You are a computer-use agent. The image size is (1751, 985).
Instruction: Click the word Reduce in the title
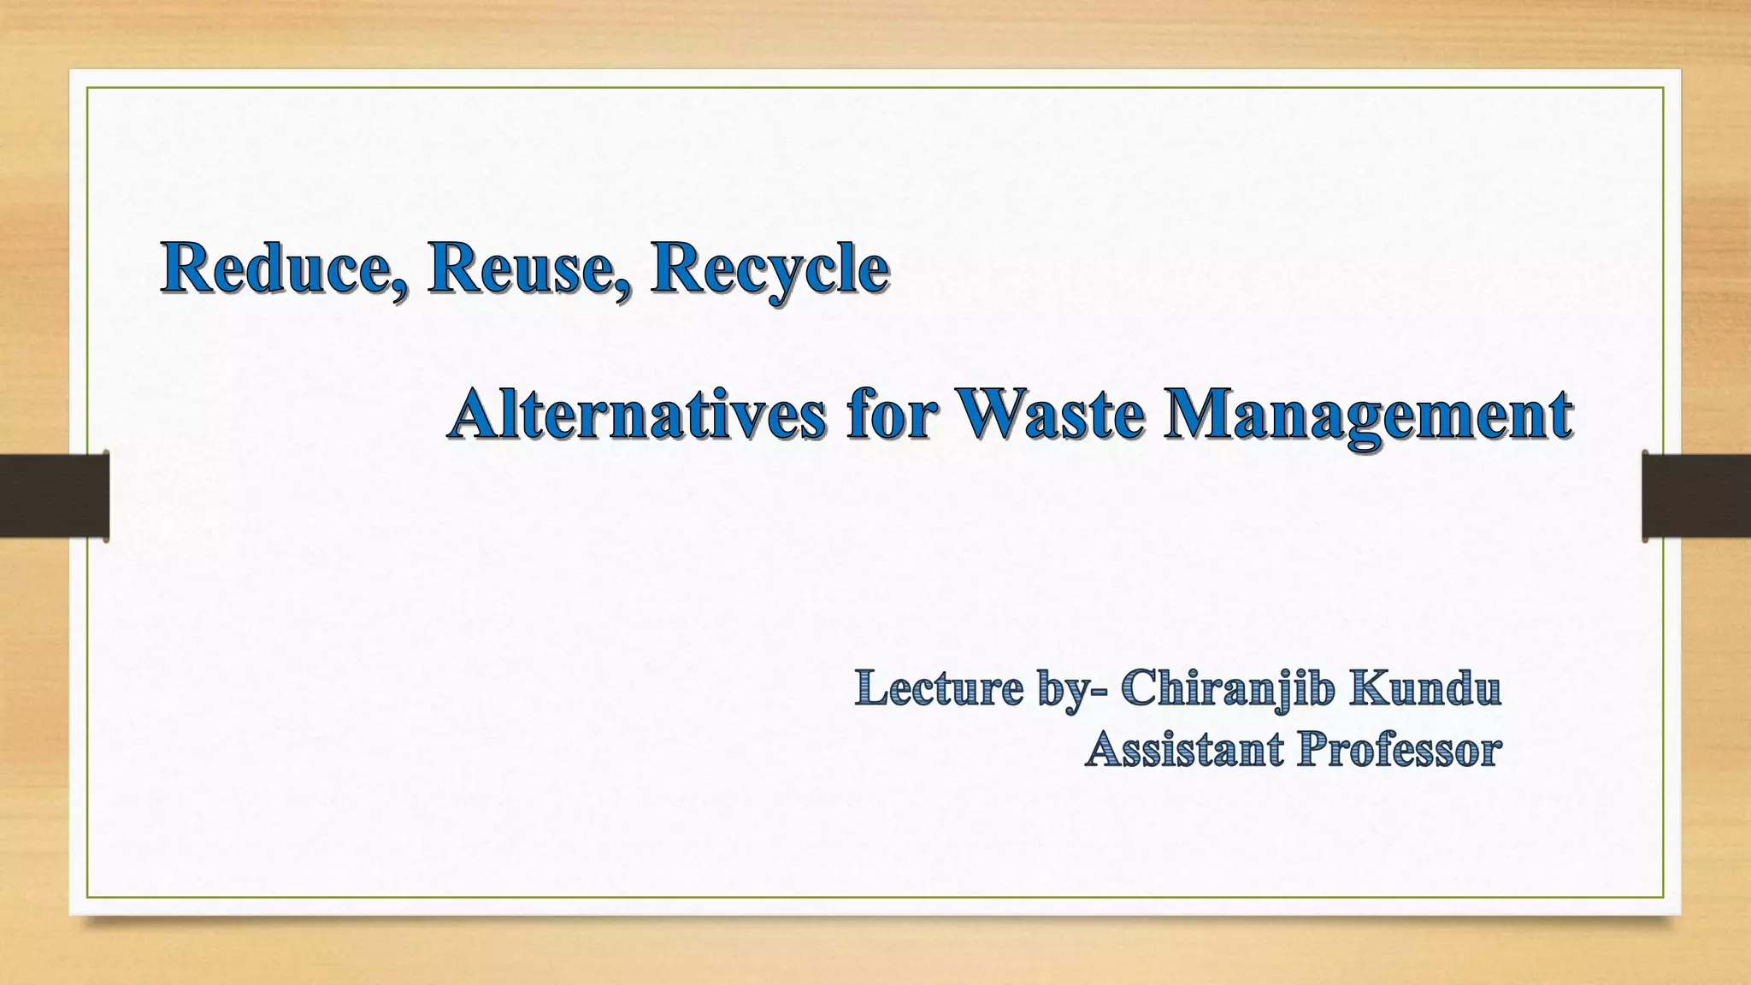(275, 268)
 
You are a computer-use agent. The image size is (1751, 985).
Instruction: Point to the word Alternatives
(637, 415)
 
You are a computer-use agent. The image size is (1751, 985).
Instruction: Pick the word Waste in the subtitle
(1050, 415)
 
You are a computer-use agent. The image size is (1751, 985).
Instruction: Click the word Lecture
(939, 689)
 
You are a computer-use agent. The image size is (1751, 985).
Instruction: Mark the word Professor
(1399, 750)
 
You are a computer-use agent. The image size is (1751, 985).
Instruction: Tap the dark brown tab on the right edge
(1696, 496)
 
